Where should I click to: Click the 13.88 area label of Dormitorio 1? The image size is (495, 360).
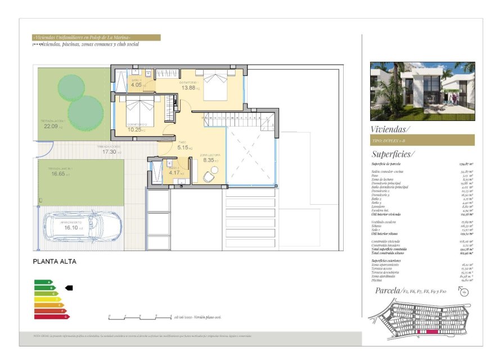(x=188, y=88)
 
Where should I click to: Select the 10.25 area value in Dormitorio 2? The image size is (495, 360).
(x=134, y=129)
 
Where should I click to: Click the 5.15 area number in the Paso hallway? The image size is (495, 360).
(x=183, y=147)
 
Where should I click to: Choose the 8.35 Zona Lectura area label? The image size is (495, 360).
(x=209, y=160)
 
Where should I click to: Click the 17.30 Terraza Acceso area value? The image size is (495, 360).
(x=109, y=152)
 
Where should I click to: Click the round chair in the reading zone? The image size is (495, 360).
(x=208, y=177)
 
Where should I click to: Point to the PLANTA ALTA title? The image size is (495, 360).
(x=55, y=262)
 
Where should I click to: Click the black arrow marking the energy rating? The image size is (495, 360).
(x=69, y=287)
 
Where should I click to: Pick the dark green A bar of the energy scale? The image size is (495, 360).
(x=43, y=282)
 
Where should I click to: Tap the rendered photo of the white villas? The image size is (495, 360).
(x=422, y=91)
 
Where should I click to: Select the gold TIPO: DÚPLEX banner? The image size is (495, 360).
(x=422, y=140)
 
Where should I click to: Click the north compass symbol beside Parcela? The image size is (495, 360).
(x=464, y=291)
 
